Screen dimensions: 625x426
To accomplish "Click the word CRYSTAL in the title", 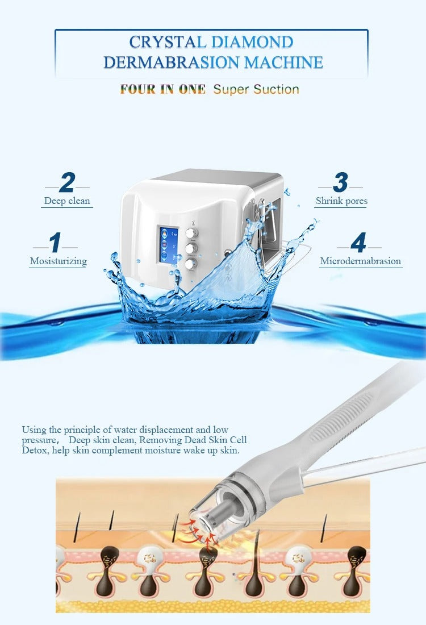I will (x=168, y=42).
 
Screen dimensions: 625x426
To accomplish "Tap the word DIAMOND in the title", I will (x=252, y=42).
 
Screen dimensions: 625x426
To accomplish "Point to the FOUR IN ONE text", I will (x=162, y=89).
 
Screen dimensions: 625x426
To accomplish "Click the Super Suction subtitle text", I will (x=256, y=89).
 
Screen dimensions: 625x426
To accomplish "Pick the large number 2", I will (x=67, y=183).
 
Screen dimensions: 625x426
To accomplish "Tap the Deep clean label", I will (x=67, y=201).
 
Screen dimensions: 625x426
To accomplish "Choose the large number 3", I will (x=340, y=183).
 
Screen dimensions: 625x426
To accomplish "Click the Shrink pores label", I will (x=341, y=201).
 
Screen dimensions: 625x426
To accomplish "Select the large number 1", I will (x=55, y=243).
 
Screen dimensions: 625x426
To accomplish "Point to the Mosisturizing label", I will (x=59, y=261).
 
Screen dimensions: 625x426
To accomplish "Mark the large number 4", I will (x=358, y=243).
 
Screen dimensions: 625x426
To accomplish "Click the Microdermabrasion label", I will (x=361, y=261).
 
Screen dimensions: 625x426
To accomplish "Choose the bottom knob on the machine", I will (x=191, y=264).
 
